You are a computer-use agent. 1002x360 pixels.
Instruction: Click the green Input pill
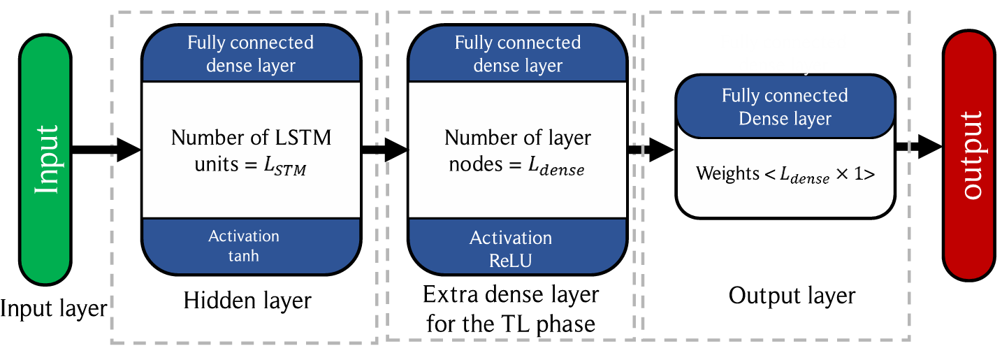pyautogui.click(x=45, y=159)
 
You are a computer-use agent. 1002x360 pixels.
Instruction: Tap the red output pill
pyautogui.click(x=969, y=155)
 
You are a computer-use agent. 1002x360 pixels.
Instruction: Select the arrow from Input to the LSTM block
pyautogui.click(x=106, y=149)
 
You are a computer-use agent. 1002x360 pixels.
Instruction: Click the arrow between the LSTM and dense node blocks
pyautogui.click(x=385, y=149)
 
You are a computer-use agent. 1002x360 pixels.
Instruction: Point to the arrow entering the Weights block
pyautogui.click(x=651, y=149)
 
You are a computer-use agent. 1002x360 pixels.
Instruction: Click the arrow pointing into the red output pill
pyautogui.click(x=919, y=146)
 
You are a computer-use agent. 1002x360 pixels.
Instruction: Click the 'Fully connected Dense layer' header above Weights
pyautogui.click(x=785, y=106)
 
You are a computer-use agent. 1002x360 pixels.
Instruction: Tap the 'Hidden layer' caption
pyautogui.click(x=247, y=301)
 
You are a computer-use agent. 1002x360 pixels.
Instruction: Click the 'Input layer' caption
pyautogui.click(x=53, y=308)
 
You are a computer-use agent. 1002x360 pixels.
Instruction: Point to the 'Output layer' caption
pyautogui.click(x=792, y=296)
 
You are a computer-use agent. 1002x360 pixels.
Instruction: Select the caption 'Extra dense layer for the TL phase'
pyautogui.click(x=511, y=309)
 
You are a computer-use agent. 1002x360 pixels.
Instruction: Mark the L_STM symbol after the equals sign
pyautogui.click(x=285, y=166)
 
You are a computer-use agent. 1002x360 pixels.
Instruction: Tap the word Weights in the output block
pyautogui.click(x=727, y=173)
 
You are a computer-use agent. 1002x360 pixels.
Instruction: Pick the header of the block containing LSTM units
pyautogui.click(x=252, y=54)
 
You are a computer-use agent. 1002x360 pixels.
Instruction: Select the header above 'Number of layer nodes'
pyautogui.click(x=518, y=54)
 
